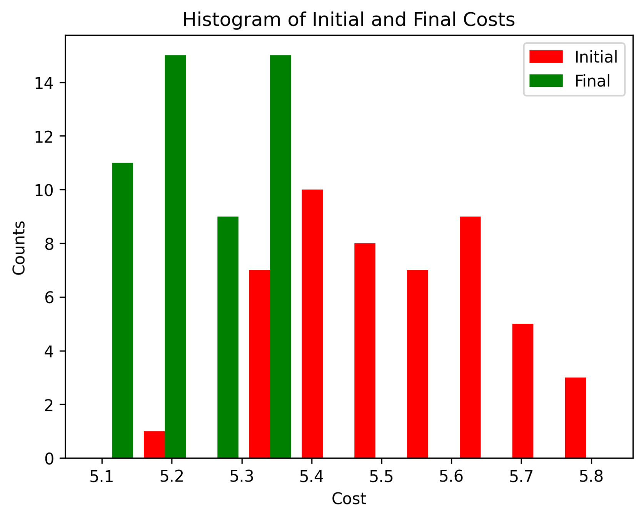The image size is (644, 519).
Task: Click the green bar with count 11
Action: click(x=123, y=310)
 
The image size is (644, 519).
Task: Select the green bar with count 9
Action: click(x=228, y=337)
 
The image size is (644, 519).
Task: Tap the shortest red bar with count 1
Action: click(x=154, y=444)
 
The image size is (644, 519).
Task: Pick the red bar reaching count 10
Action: click(x=312, y=324)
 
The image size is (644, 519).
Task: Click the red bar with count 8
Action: click(x=365, y=351)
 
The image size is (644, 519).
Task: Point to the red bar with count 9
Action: click(x=470, y=337)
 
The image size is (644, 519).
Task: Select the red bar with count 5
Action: click(x=523, y=391)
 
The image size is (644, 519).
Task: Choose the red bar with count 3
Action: click(x=576, y=418)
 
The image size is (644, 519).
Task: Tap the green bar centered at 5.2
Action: click(x=175, y=256)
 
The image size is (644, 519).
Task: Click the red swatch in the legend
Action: click(x=546, y=57)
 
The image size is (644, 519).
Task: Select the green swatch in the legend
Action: click(x=546, y=81)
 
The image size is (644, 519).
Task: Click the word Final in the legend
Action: click(x=592, y=81)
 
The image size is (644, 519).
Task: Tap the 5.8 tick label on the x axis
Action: click(x=591, y=477)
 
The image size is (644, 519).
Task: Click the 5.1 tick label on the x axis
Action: click(x=102, y=477)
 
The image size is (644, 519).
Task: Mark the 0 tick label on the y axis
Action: click(x=49, y=459)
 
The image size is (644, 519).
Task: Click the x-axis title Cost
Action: click(x=349, y=499)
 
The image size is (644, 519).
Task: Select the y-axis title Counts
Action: click(x=19, y=248)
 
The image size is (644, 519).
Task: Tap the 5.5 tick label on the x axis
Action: click(x=382, y=477)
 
